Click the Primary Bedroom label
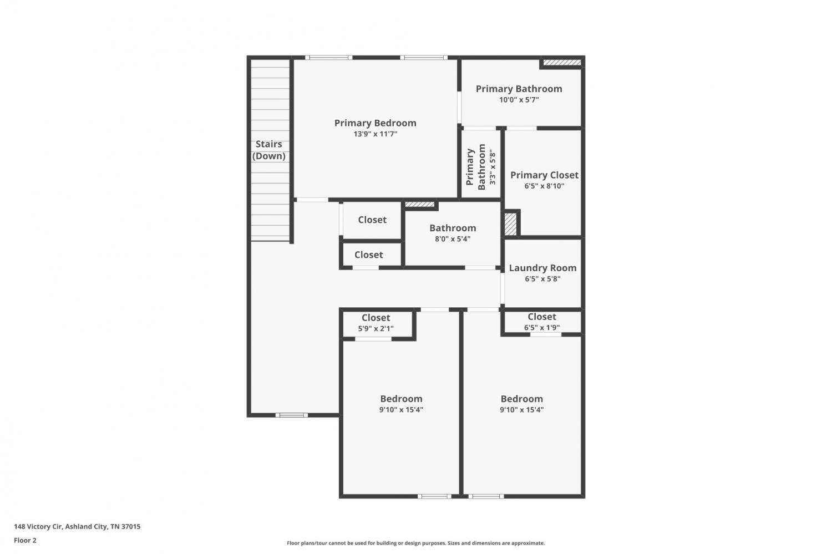pos(375,123)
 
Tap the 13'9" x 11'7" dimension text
pos(375,134)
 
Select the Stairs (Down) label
pos(269,150)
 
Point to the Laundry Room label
pos(542,268)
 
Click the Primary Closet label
pos(544,175)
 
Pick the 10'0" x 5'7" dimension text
pos(519,99)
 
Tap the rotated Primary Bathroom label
pos(476,167)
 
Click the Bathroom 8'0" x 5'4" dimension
pos(453,239)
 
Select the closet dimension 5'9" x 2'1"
pos(376,328)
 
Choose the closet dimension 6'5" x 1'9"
pos(541,328)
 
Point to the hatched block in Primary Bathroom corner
pos(562,63)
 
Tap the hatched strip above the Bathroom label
pos(420,204)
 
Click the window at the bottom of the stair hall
pos(292,415)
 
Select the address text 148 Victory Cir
pos(38,526)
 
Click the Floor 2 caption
pos(26,540)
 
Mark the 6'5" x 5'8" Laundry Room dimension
pos(542,279)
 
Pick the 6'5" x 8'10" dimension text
pos(544,186)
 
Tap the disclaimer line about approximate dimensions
pos(415,543)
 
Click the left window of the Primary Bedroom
pos(329,58)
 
